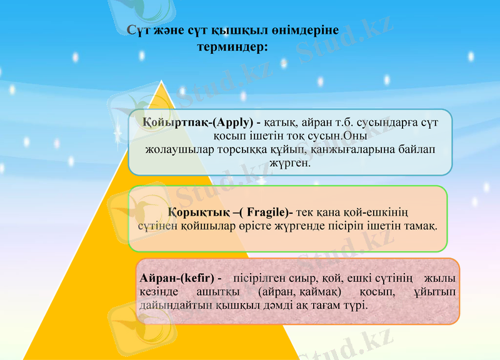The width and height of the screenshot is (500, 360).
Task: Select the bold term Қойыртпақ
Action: tap(171, 121)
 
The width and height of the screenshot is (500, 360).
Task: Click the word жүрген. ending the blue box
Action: tap(289, 163)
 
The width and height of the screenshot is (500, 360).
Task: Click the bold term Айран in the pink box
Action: tap(161, 277)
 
